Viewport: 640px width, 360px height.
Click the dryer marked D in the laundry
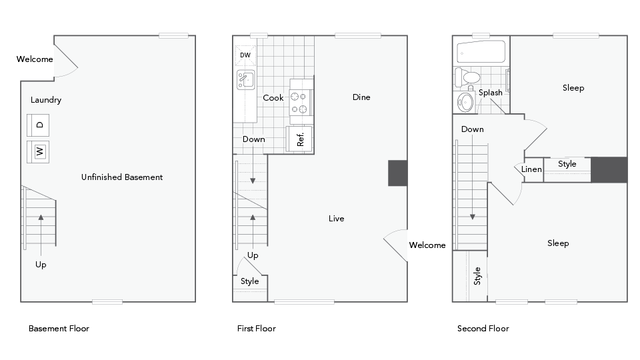pyautogui.click(x=39, y=125)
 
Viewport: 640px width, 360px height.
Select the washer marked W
pyautogui.click(x=39, y=152)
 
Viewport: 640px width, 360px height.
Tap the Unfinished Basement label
pyautogui.click(x=122, y=177)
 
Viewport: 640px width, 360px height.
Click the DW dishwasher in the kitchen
pyautogui.click(x=245, y=55)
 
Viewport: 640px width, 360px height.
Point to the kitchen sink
pyautogui.click(x=246, y=80)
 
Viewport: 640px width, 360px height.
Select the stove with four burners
pyautogui.click(x=301, y=102)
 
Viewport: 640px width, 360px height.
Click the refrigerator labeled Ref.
pyautogui.click(x=300, y=139)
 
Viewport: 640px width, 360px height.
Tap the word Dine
pyautogui.click(x=361, y=97)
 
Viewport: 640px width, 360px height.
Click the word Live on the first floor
pyautogui.click(x=337, y=219)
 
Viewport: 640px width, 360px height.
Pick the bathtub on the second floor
pyautogui.click(x=481, y=51)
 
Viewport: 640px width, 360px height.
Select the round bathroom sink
pyautogui.click(x=465, y=102)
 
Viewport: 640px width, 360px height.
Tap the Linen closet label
pyautogui.click(x=531, y=169)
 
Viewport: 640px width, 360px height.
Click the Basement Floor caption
pyautogui.click(x=59, y=329)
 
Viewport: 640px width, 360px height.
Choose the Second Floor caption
pyautogui.click(x=483, y=329)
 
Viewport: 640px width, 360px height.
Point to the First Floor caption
pyautogui.click(x=256, y=329)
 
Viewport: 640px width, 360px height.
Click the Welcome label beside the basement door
pyautogui.click(x=35, y=59)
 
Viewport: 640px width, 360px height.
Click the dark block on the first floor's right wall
pyautogui.click(x=398, y=173)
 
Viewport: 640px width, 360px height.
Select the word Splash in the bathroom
pyautogui.click(x=490, y=93)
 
